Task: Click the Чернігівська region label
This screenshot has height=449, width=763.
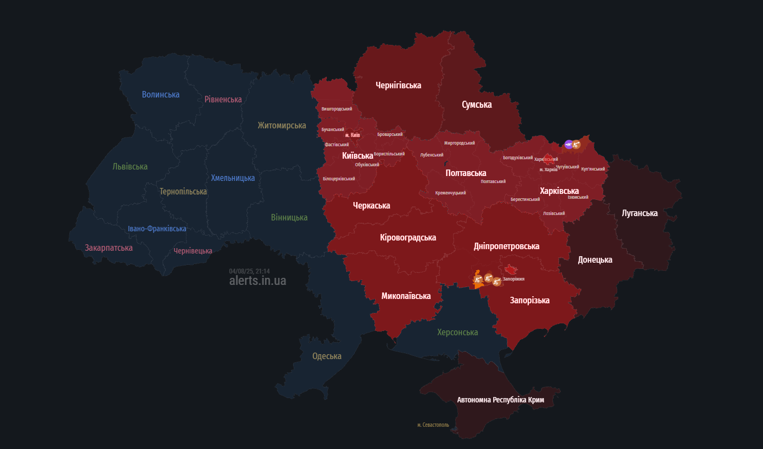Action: [398, 85]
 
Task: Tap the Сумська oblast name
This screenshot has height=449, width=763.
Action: [476, 105]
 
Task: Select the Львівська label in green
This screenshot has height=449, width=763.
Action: [130, 166]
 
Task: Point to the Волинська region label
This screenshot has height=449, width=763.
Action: [160, 95]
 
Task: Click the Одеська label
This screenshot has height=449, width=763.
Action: [327, 356]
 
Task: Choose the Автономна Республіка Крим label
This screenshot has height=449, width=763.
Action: [500, 400]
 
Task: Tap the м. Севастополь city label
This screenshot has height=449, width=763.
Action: [433, 425]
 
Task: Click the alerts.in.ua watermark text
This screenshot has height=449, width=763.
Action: [257, 281]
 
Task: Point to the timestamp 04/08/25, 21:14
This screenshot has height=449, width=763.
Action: [249, 271]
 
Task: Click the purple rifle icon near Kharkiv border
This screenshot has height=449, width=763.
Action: [568, 144]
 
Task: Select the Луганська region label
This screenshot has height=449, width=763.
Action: [639, 213]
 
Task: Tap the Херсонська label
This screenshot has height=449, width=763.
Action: [457, 332]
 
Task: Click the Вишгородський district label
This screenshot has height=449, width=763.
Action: [337, 109]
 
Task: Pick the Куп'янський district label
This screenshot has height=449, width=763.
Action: [592, 169]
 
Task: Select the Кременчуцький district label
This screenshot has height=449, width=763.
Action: [450, 193]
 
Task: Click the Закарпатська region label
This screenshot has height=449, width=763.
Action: [108, 248]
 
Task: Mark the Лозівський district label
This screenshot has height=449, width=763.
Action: [554, 213]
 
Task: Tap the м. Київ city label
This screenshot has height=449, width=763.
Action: [352, 135]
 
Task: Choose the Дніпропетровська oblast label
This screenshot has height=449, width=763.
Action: [506, 246]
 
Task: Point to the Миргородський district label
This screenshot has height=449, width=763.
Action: [459, 143]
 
